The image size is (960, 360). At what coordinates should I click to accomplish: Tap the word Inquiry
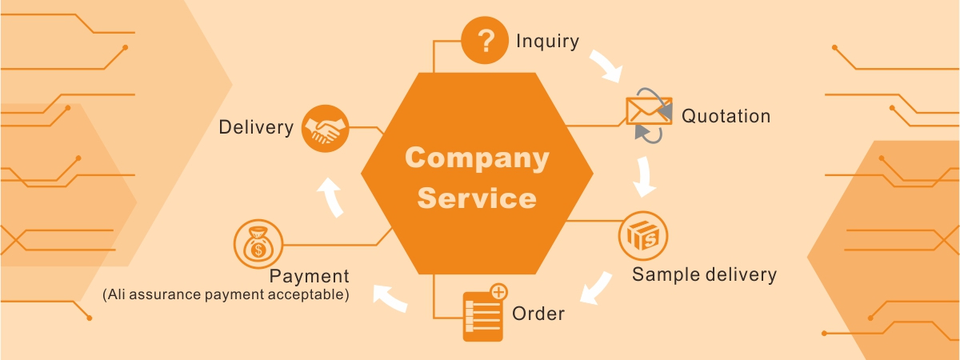tap(547, 42)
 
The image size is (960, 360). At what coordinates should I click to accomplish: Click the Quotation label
tap(726, 116)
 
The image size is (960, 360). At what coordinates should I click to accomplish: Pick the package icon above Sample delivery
tap(643, 236)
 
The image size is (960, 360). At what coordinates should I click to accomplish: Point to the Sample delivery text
tap(704, 274)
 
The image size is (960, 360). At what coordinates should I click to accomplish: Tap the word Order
tap(538, 313)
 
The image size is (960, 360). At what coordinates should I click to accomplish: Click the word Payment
tap(310, 277)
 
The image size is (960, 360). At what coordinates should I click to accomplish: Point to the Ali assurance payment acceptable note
tap(226, 294)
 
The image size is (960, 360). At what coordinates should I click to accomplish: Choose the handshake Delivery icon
tap(326, 127)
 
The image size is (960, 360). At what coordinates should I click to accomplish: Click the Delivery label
tap(256, 127)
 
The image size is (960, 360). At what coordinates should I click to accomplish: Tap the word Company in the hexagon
tap(477, 158)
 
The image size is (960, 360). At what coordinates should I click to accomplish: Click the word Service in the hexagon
tap(477, 197)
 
